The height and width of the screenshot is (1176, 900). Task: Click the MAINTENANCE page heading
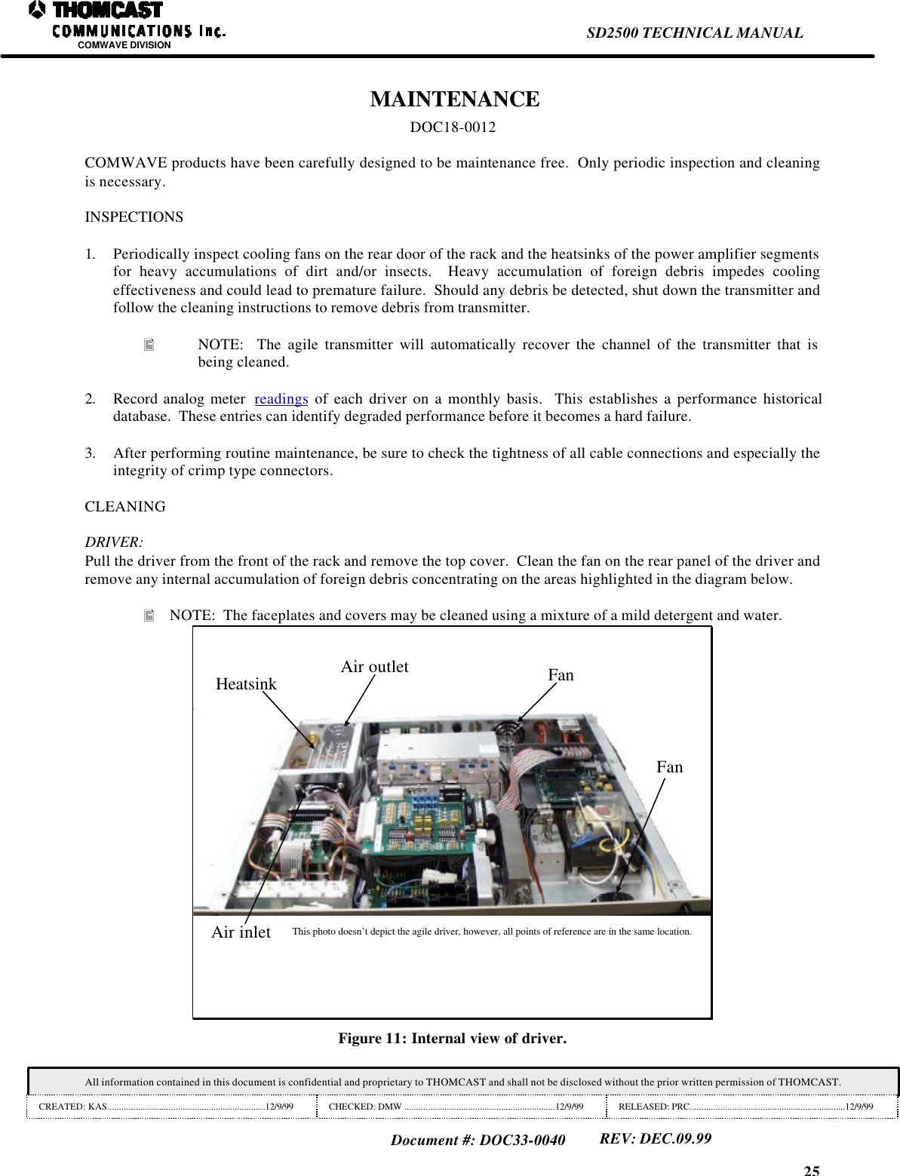(x=454, y=100)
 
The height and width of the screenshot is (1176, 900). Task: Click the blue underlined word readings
(x=281, y=399)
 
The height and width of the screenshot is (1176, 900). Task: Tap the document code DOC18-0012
(x=453, y=127)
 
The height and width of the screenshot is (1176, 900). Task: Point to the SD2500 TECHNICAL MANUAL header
(x=694, y=33)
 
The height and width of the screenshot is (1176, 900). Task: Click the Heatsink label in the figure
(x=246, y=684)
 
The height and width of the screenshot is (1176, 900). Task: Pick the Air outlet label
(x=374, y=667)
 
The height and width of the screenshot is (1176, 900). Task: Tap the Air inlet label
(x=241, y=932)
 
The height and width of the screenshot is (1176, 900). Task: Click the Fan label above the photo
(x=561, y=675)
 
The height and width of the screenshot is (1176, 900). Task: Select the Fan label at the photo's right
(x=669, y=767)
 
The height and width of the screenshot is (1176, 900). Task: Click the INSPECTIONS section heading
(x=134, y=217)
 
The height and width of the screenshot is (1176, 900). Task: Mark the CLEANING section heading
(x=125, y=507)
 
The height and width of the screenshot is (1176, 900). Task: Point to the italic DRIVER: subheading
(x=113, y=542)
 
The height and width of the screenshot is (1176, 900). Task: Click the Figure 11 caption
(x=452, y=1039)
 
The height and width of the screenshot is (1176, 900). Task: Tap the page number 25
(x=811, y=1170)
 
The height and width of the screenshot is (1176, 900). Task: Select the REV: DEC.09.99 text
(x=655, y=1138)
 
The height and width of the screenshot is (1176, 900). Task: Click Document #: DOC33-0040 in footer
(x=478, y=1140)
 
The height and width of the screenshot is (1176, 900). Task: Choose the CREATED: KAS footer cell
(x=166, y=1107)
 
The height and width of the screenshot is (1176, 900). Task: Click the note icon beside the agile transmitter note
(x=149, y=345)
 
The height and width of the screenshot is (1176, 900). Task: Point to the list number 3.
(x=90, y=453)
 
